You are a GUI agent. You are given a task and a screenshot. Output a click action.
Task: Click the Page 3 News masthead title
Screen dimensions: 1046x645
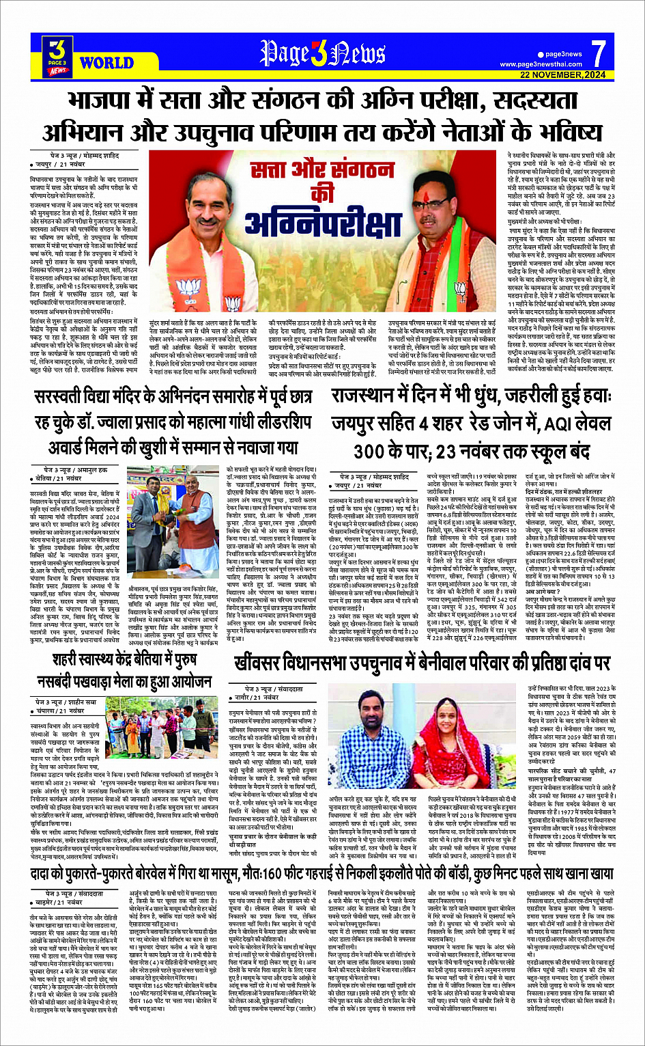coord(321,53)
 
